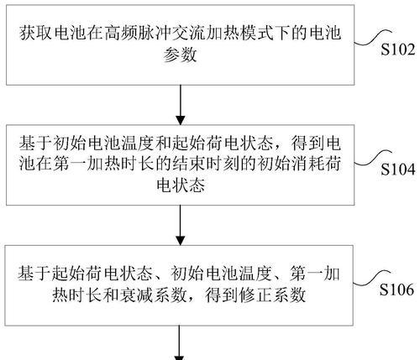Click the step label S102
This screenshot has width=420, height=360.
tap(397, 50)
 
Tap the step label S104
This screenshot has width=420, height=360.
tap(397, 170)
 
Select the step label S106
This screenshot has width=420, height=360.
tap(396, 290)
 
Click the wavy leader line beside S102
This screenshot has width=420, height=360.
tap(373, 38)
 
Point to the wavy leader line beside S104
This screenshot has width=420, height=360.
tap(373, 158)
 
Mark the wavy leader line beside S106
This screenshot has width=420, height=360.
tap(372, 278)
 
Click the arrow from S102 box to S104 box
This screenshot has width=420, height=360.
tap(181, 105)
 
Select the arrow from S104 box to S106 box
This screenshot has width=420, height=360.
tap(181, 225)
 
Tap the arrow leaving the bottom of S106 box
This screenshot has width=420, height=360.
tap(180, 342)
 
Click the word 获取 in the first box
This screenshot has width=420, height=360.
tap(36, 33)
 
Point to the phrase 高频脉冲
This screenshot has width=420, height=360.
tap(139, 33)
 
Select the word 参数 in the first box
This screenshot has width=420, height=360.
tap(181, 55)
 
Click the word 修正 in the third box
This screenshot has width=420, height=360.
tap(255, 295)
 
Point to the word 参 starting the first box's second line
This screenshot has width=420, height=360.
tap(172, 55)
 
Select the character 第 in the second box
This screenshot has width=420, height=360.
tap(60, 163)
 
